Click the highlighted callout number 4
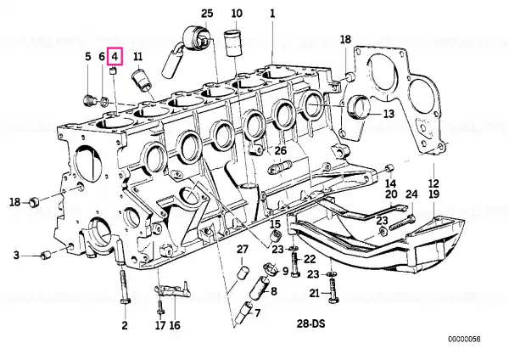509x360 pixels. (115, 57)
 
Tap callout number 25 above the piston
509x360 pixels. (207, 14)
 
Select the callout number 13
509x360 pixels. (389, 114)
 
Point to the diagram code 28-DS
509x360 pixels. (310, 323)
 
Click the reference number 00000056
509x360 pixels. (464, 340)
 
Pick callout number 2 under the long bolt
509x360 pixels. (125, 325)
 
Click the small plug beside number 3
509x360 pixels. (46, 255)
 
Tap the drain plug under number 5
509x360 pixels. (88, 100)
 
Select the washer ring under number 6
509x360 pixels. (104, 102)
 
